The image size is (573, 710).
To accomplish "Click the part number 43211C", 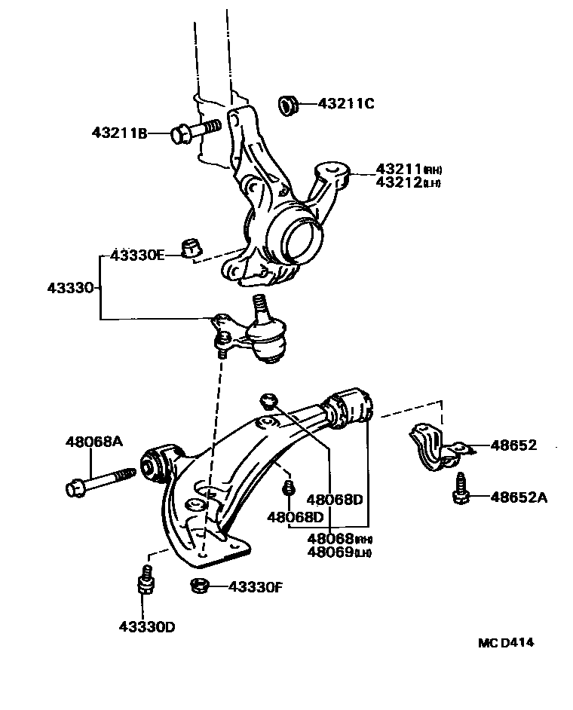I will point(345,103).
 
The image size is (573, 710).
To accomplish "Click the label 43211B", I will point(119,133).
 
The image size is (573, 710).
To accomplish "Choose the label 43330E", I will point(136,255).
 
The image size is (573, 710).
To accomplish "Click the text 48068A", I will point(94,442).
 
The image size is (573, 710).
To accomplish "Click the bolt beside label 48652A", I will point(459,490).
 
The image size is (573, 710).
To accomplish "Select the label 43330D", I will point(146,626).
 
